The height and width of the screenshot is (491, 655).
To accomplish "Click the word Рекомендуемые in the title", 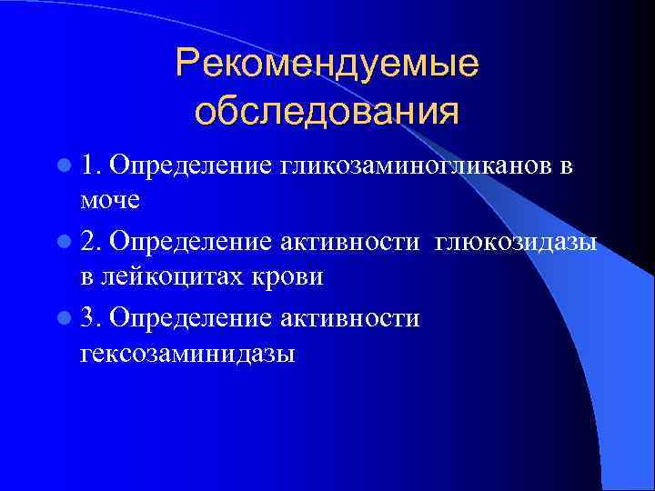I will tap(327, 65).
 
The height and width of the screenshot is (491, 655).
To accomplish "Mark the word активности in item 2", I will tap(351, 243).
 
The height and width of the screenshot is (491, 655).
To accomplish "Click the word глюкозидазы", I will tap(516, 243).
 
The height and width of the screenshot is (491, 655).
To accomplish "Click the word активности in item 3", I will tap(351, 320).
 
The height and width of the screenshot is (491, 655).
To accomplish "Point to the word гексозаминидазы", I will tap(187, 353).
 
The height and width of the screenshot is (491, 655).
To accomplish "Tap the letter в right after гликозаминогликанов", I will tap(566, 165).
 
